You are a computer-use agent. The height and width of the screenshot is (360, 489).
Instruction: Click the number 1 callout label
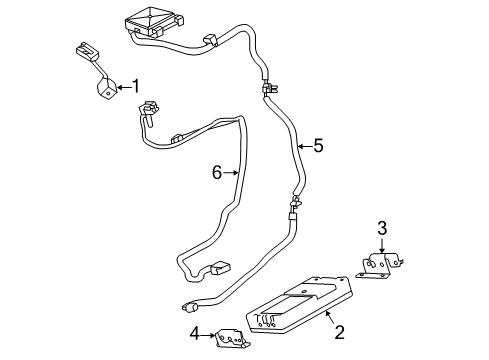[x=137, y=86]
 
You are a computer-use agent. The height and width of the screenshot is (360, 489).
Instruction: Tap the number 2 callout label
[x=340, y=330]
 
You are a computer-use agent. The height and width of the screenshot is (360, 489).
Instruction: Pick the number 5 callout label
[x=318, y=146]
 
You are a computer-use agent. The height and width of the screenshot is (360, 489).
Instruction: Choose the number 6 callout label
[x=216, y=172]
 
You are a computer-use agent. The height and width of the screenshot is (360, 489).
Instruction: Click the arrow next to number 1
[x=123, y=88]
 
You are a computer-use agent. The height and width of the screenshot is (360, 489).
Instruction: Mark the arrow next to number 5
[x=303, y=146]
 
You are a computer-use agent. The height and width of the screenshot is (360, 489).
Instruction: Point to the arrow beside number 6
[x=231, y=172]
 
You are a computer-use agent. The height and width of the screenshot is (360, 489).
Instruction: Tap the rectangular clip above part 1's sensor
[x=86, y=51]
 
